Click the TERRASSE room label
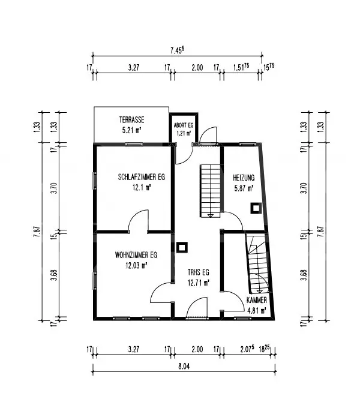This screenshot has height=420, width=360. pyautogui.click(x=130, y=120)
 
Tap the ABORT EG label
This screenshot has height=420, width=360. pyautogui.click(x=182, y=125)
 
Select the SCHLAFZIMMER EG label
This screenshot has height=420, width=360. pyautogui.click(x=141, y=178)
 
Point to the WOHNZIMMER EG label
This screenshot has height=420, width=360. pyautogui.click(x=136, y=255)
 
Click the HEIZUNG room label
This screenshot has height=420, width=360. pyautogui.click(x=244, y=178)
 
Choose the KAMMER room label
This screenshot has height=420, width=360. pyautogui.click(x=256, y=299)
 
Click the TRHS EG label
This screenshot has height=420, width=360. pyautogui.click(x=197, y=272)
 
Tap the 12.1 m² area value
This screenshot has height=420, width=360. pyautogui.click(x=141, y=187)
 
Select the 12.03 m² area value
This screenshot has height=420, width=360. pyautogui.click(x=136, y=265)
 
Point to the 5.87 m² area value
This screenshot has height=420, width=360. pyautogui.click(x=244, y=187)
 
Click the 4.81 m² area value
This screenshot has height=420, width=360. pyautogui.click(x=256, y=310)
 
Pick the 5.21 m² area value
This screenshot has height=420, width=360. pyautogui.click(x=131, y=130)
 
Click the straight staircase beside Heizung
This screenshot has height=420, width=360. pyautogui.click(x=211, y=191)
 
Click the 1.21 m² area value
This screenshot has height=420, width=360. pyautogui.click(x=182, y=133)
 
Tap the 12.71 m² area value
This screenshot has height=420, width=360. pyautogui.click(x=197, y=281)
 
